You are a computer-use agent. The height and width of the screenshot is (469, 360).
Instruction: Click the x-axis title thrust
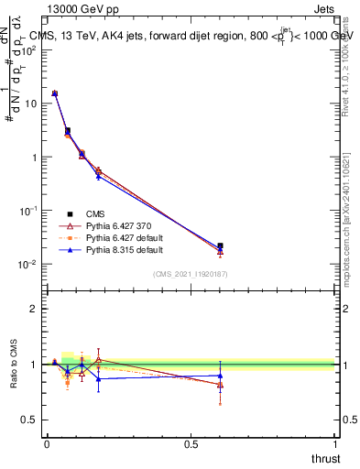pyautogui.click(x=325, y=457)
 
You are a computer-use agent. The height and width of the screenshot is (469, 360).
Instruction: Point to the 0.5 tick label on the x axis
pyautogui.click(x=191, y=444)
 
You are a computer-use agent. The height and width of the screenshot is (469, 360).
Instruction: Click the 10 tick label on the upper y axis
pyautogui.click(x=30, y=104)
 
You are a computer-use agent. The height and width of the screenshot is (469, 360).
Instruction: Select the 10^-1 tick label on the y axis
pyautogui.click(x=28, y=211)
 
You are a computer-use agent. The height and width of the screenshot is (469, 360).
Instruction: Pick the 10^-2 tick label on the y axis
pyautogui.click(x=28, y=265)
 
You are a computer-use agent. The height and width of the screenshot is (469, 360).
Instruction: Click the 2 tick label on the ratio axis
pyautogui.click(x=34, y=309)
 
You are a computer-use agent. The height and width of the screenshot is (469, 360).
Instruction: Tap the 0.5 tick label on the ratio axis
pyautogui.click(x=30, y=420)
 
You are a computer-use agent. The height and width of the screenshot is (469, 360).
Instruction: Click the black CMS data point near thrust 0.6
pyautogui.click(x=220, y=245)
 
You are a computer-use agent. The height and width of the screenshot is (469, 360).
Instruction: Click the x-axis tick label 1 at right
pyautogui.click(x=337, y=444)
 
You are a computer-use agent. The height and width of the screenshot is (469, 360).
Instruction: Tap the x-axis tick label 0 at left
pyautogui.click(x=46, y=444)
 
